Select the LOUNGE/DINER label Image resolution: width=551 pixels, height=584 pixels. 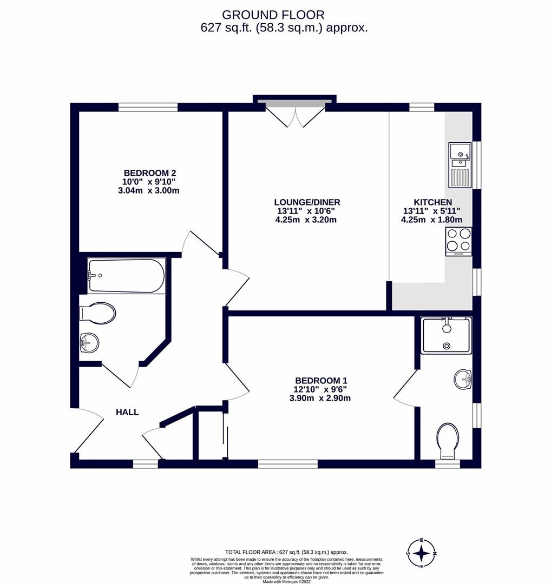click(306, 202)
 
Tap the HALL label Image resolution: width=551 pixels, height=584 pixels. click(127, 412)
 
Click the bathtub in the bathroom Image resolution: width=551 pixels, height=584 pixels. click(127, 276)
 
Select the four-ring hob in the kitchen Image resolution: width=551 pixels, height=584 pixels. click(458, 241)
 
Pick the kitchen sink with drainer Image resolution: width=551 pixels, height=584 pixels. click(460, 164)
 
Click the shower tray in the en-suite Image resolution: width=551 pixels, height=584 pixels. click(447, 335)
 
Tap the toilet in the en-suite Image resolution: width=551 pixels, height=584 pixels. click(448, 440)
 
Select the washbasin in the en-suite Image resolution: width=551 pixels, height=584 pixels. click(463, 379)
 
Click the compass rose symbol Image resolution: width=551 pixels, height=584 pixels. click(422, 553)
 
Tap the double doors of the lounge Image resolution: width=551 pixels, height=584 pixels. click(295, 115)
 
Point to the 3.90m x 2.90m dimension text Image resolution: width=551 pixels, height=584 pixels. click(320, 399)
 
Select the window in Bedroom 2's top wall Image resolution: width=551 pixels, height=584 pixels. click(148, 107)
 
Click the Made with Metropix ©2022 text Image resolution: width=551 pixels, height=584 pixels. click(287, 581)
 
